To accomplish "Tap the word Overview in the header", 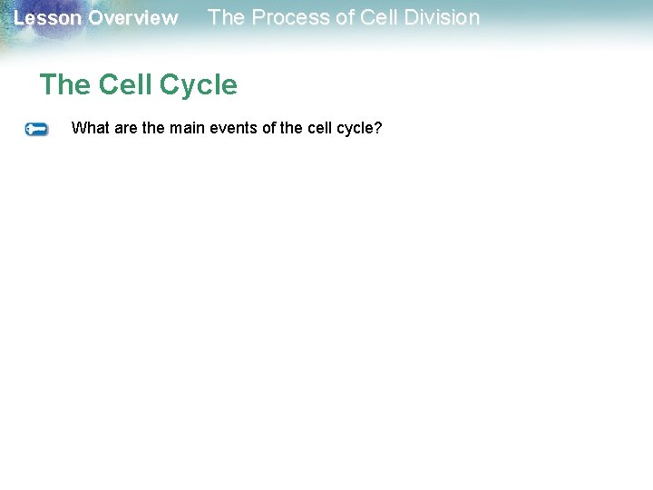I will (x=133, y=18).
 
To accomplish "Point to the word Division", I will (x=441, y=17).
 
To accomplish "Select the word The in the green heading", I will (x=64, y=85).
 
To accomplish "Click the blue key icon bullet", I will (x=36, y=130).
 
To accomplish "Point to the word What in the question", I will (x=89, y=128).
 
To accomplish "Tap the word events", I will (x=234, y=128).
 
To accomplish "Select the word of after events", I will (x=269, y=128).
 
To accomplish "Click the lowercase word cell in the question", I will (x=320, y=128).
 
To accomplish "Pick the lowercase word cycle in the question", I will (x=356, y=128).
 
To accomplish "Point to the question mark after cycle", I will (x=379, y=128).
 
